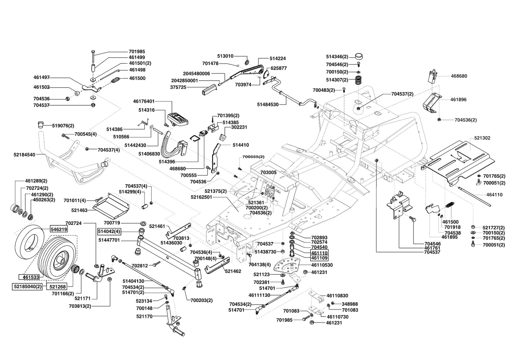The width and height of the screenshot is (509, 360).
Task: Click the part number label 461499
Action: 137,57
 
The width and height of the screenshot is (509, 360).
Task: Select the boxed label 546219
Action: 59,229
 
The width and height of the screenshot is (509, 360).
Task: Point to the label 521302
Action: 482,138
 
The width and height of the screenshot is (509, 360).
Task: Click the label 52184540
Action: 24,155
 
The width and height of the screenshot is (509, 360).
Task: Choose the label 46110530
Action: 322,265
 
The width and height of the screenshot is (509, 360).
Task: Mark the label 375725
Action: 178,87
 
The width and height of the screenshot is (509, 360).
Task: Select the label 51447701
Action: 109,240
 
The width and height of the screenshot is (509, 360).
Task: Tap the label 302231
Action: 239,127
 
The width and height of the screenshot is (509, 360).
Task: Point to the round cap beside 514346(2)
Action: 359,56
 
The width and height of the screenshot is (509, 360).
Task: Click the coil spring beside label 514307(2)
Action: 358,81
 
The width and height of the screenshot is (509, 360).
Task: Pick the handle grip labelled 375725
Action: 209,89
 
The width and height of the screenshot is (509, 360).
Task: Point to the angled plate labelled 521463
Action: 111,205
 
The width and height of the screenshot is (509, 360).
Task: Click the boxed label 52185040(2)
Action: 28,287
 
